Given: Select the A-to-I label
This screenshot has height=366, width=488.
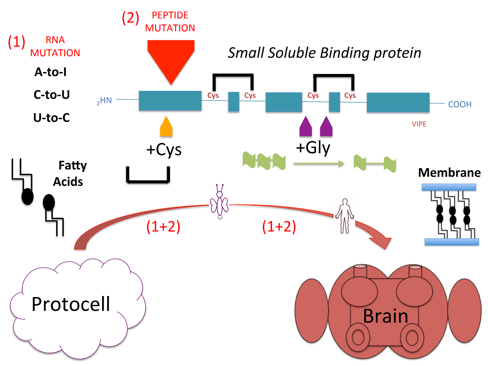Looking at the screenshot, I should pyautogui.click(x=50, y=72).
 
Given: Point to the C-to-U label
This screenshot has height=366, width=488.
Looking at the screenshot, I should pyautogui.click(x=51, y=95).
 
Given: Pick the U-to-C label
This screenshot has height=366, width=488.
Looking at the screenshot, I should pyautogui.click(x=51, y=118).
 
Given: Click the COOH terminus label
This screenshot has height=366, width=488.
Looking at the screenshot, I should pyautogui.click(x=460, y=105).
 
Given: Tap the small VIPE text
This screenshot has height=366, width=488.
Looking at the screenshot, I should pyautogui.click(x=419, y=124).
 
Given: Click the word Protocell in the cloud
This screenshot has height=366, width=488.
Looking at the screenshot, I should pyautogui.click(x=71, y=303).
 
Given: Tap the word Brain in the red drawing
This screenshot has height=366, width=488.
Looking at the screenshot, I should pyautogui.click(x=385, y=316).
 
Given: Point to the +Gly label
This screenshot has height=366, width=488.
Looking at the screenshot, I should pyautogui.click(x=313, y=147).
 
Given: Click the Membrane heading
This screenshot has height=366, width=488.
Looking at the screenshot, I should pyautogui.click(x=449, y=173).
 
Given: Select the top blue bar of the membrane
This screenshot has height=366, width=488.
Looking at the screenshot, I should pyautogui.click(x=449, y=187).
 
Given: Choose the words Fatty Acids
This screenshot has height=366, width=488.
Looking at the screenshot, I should pyautogui.click(x=70, y=173).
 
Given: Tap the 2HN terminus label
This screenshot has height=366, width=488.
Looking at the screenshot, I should pyautogui.click(x=104, y=101).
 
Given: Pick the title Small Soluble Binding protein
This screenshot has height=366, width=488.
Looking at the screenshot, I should pyautogui.click(x=324, y=53).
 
